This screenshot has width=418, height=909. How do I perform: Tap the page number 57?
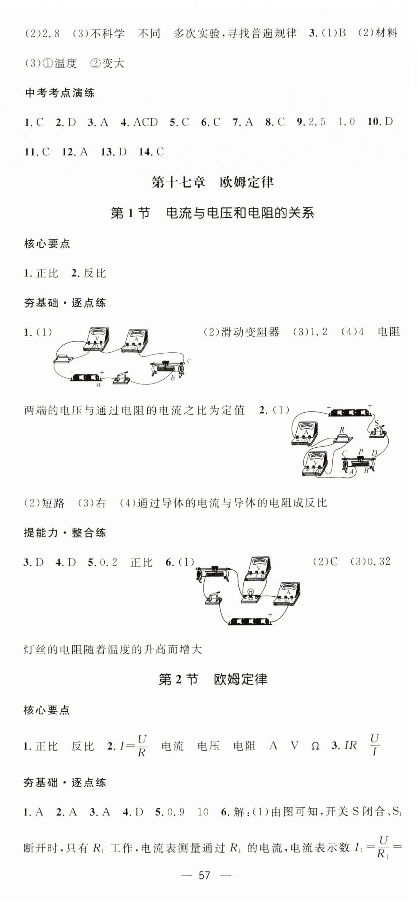pyautogui.click(x=204, y=875)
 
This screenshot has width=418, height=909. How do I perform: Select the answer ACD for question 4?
pyautogui.click(x=145, y=122)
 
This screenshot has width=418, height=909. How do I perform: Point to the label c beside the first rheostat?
pyautogui.click(x=189, y=361)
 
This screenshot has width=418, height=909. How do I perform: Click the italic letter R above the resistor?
pyautogui.click(x=342, y=430)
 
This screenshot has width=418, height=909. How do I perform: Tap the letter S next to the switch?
pyautogui.click(x=376, y=423)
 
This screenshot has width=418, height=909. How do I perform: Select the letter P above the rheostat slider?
pyautogui.click(x=361, y=452)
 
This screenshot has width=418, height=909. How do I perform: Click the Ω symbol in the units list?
pyautogui.click(x=315, y=746)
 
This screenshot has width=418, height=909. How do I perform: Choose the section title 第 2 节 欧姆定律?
pyautogui.click(x=213, y=679)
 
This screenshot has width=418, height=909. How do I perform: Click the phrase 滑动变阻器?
pyautogui.click(x=250, y=332)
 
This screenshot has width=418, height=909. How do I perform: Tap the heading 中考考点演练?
pyautogui.click(x=60, y=93)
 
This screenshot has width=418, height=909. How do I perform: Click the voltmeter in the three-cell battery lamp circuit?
pyautogui.click(x=258, y=569)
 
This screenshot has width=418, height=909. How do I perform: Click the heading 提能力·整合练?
pyautogui.click(x=65, y=533)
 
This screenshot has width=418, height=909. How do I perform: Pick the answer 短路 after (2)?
pyautogui.click(x=53, y=503)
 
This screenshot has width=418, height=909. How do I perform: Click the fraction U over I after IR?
pyautogui.click(x=374, y=745)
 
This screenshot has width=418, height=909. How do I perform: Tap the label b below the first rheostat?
pyautogui.click(x=172, y=378)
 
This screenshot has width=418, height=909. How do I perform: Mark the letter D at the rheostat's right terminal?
pyautogui.click(x=374, y=453)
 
